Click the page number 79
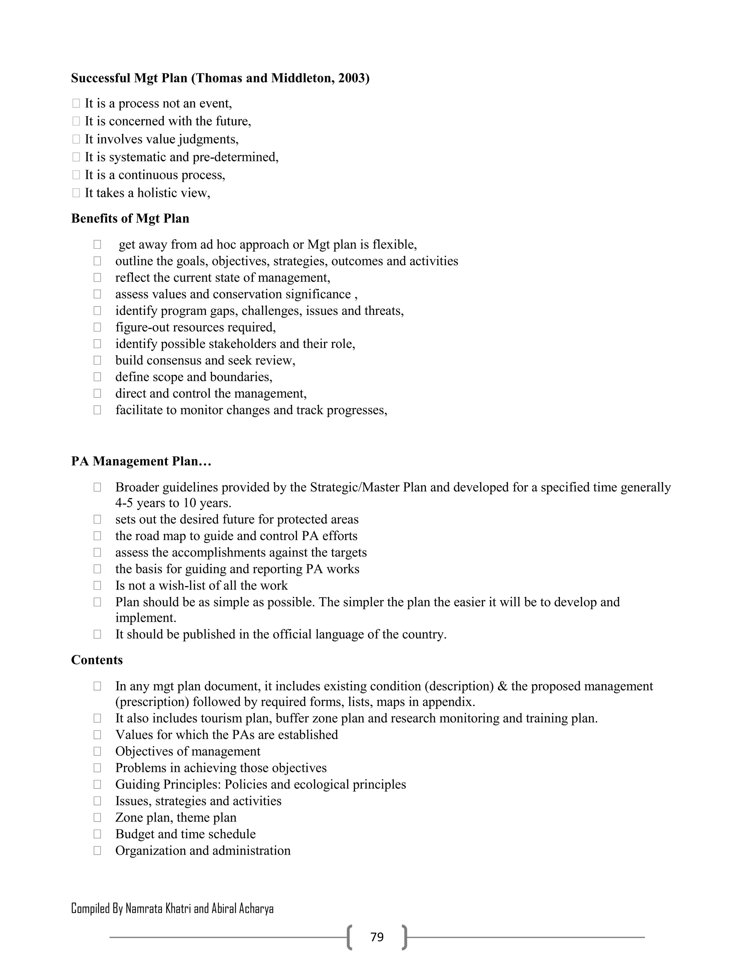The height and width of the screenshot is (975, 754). point(377,937)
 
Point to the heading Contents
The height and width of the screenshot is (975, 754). point(96,660)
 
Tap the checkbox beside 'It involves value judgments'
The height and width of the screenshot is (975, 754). point(76,139)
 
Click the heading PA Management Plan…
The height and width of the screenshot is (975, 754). point(141,461)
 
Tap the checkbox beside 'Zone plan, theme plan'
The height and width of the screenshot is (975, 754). point(97,818)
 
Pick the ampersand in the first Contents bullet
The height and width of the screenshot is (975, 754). point(502,686)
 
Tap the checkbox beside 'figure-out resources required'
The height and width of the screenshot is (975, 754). point(97,327)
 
